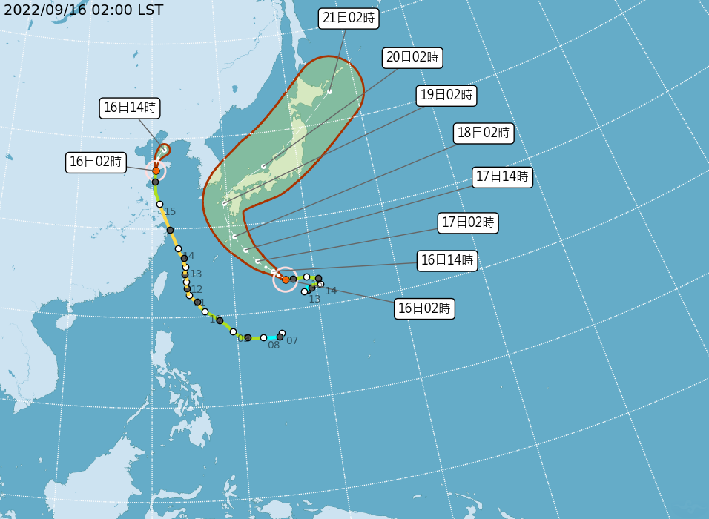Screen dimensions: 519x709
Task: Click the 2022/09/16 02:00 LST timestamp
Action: [83, 10]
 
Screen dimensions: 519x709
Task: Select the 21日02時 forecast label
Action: [349, 19]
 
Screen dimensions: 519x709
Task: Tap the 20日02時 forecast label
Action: [412, 57]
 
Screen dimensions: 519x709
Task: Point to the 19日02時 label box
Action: [446, 95]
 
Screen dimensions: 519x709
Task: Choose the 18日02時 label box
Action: [484, 133]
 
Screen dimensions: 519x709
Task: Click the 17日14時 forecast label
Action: [503, 177]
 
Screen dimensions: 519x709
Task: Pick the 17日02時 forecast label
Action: [468, 222]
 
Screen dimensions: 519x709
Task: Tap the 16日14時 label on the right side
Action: [446, 260]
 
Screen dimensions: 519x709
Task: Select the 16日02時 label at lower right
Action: [424, 309]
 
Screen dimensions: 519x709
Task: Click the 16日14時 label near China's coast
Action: [130, 108]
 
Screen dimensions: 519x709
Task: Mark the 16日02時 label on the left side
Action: [96, 162]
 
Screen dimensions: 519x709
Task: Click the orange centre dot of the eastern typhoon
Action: [286, 280]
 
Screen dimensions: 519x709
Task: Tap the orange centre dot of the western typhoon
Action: [156, 171]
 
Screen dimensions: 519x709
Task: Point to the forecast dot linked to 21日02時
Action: [329, 92]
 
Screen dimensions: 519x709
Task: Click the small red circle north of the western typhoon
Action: [164, 150]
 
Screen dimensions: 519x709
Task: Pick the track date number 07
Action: [292, 341]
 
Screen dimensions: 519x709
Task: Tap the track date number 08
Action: [274, 346]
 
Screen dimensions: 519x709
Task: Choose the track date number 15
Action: [170, 212]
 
